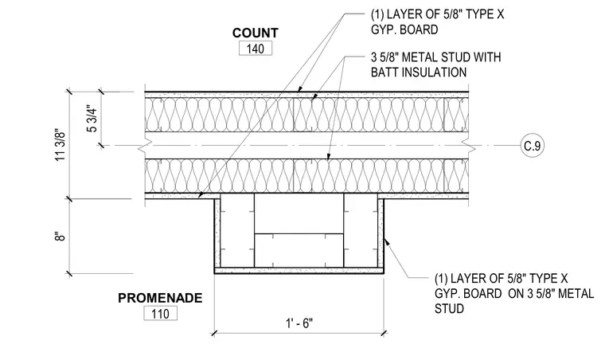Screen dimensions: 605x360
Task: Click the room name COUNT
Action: point(255,33)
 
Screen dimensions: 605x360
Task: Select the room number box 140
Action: point(256,49)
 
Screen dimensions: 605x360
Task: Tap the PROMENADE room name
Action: point(160,298)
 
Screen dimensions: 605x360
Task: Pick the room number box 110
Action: point(161,313)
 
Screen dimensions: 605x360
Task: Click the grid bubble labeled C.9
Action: point(533,146)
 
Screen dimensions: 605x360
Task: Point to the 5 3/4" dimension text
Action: point(92,119)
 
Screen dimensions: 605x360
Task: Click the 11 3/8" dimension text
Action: point(61,145)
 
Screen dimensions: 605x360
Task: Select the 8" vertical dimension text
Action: point(60,236)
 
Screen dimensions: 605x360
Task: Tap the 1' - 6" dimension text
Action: point(299,323)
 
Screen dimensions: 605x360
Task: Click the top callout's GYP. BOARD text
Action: point(404,29)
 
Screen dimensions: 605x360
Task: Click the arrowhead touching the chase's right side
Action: point(386,241)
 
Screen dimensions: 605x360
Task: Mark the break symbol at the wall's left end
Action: point(141,146)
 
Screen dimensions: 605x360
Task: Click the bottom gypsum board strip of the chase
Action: point(299,270)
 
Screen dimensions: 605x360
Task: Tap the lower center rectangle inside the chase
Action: point(299,250)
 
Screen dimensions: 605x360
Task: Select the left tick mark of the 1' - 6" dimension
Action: point(214,333)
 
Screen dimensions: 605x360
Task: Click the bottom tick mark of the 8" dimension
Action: point(69,273)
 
